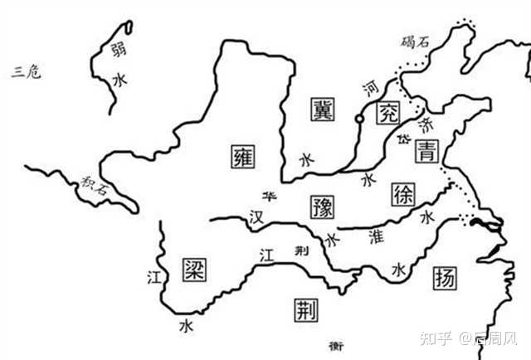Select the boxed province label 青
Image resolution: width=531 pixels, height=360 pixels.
point(427,150)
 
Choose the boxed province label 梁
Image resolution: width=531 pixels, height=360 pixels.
point(192,268)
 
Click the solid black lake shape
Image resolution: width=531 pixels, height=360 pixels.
point(482,222)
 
